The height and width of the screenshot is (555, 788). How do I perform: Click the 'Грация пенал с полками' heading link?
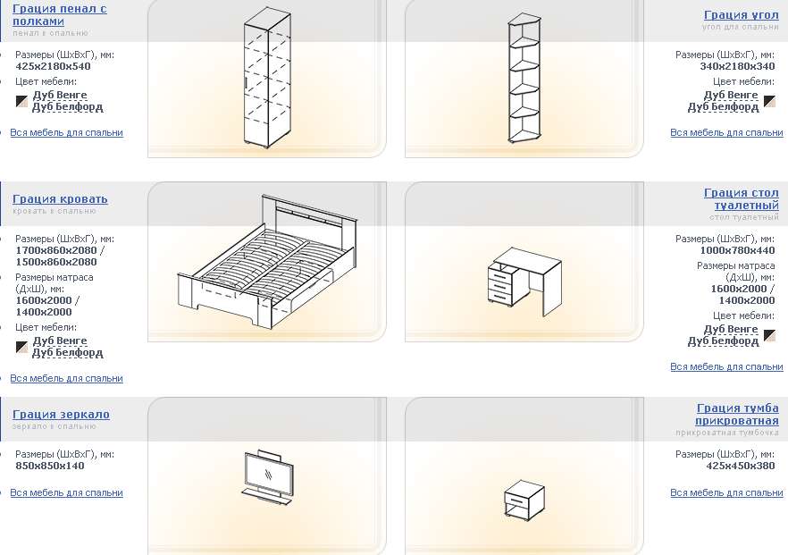click(x=60, y=15)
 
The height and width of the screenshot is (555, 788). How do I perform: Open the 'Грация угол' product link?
click(x=742, y=15)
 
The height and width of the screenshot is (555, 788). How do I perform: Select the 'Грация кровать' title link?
click(x=61, y=199)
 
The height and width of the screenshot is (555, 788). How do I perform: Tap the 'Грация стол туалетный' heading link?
click(x=742, y=199)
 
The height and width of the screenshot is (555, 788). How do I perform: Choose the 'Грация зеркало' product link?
click(x=62, y=415)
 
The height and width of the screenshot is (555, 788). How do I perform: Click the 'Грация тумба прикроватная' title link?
click(x=737, y=415)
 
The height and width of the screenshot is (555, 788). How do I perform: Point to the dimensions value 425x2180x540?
click(x=54, y=66)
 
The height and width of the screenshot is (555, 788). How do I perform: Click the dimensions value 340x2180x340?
click(x=737, y=66)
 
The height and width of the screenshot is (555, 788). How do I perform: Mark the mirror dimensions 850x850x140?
click(x=50, y=466)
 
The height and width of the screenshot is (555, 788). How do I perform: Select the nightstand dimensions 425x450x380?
click(x=741, y=466)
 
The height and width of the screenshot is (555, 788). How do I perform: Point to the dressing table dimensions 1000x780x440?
click(x=737, y=250)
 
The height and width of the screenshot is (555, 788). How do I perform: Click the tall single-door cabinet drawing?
click(x=267, y=78)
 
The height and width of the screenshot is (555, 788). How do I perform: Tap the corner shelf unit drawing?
click(x=524, y=78)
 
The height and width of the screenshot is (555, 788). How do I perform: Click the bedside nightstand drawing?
click(x=524, y=500)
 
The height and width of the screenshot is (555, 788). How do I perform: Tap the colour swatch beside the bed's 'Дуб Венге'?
click(x=21, y=347)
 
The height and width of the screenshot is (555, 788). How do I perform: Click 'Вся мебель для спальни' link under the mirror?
click(x=66, y=492)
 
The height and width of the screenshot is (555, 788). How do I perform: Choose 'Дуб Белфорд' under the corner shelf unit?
click(x=723, y=107)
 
